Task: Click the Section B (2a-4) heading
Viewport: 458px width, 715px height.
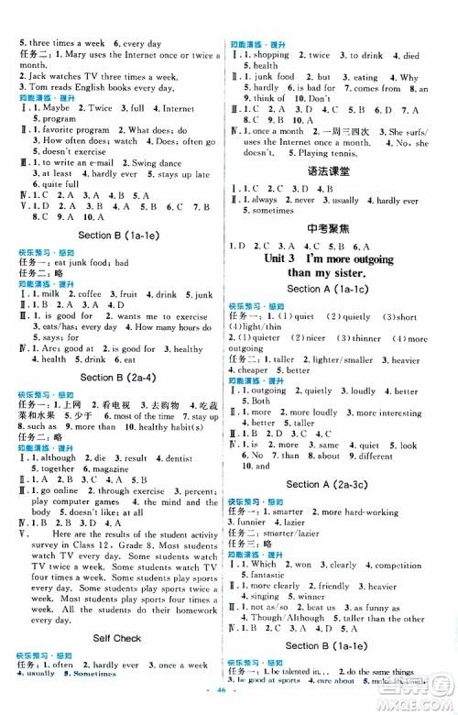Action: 114,377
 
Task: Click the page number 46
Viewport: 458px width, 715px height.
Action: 228,707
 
